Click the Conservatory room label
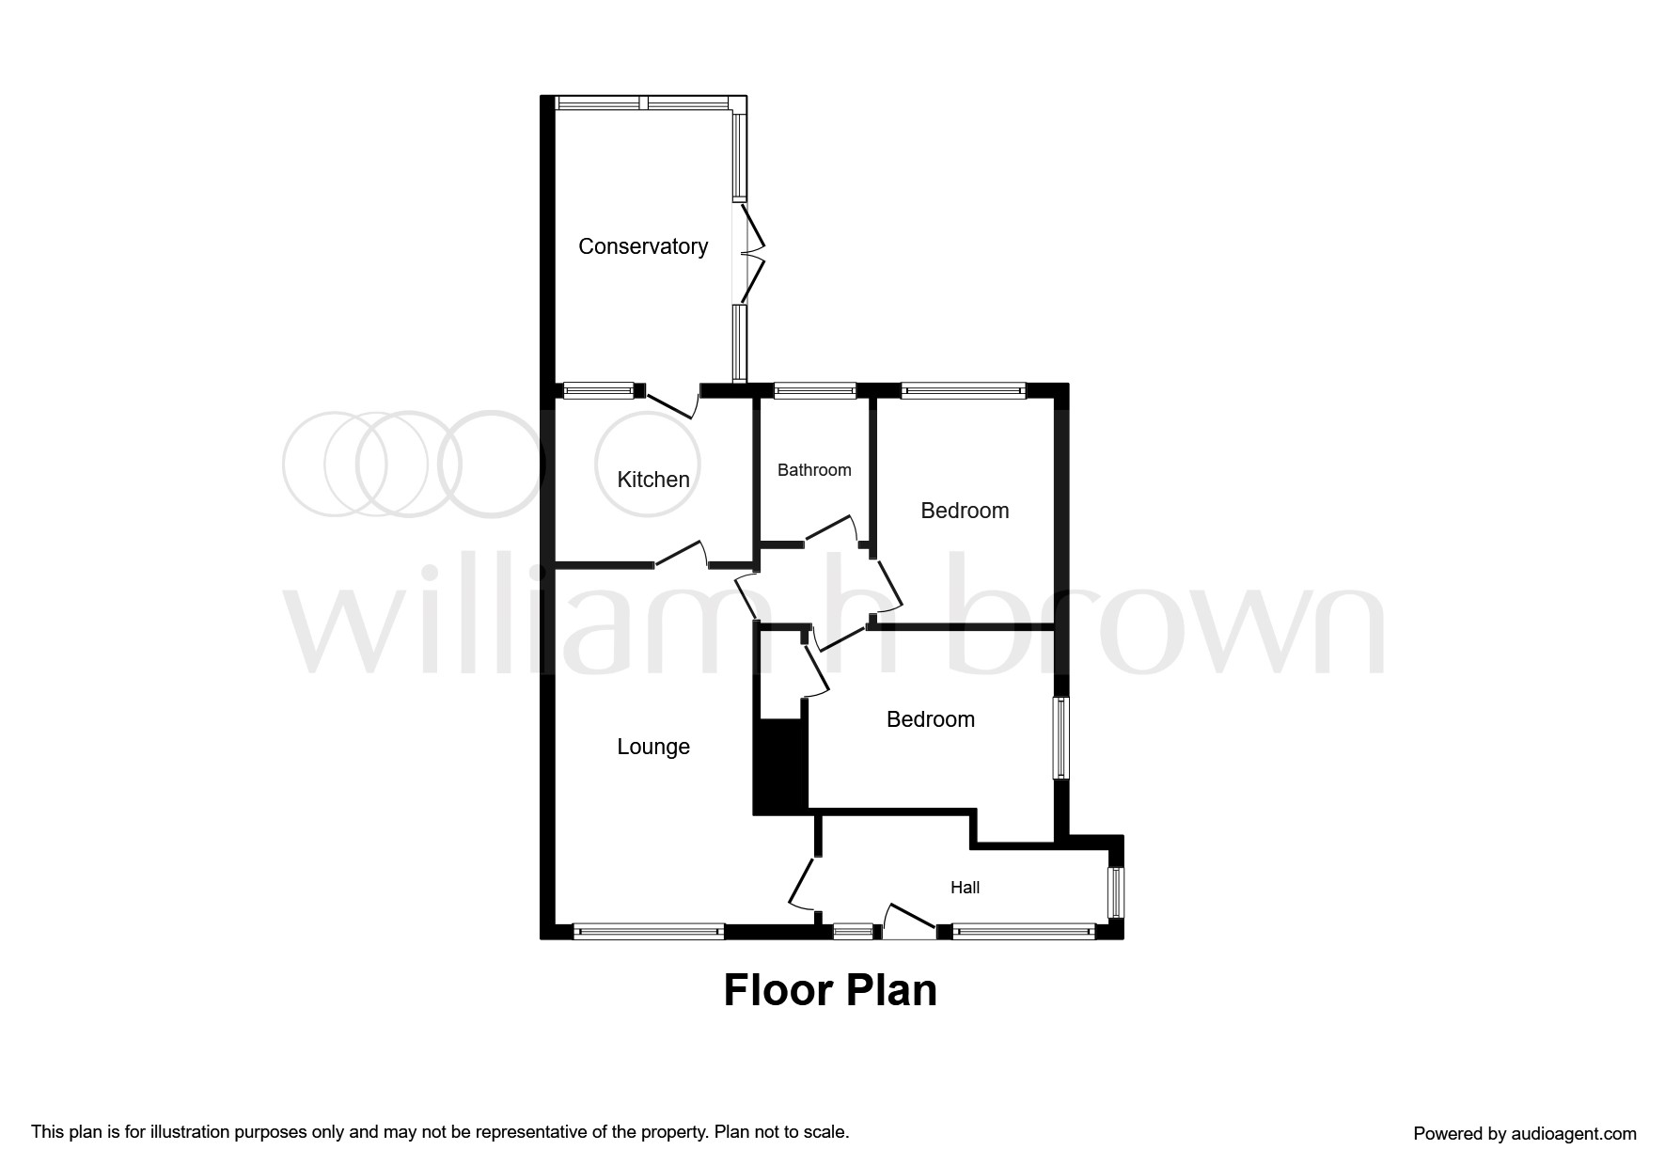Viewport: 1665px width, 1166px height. click(643, 246)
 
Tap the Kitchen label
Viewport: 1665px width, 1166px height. click(653, 480)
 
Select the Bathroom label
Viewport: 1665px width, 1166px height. click(814, 470)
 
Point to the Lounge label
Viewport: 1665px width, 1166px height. click(653, 747)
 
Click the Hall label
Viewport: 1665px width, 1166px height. click(966, 888)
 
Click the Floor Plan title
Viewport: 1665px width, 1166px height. click(830, 991)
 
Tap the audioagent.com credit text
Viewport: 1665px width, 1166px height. click(1525, 1134)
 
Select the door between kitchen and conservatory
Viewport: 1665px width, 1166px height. click(672, 402)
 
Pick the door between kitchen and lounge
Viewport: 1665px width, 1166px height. click(681, 554)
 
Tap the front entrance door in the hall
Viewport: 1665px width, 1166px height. click(909, 918)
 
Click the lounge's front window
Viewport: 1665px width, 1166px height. click(649, 932)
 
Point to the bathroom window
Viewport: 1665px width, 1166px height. click(815, 390)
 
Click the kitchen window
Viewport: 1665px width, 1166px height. click(599, 390)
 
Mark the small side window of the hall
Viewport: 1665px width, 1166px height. click(1116, 892)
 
